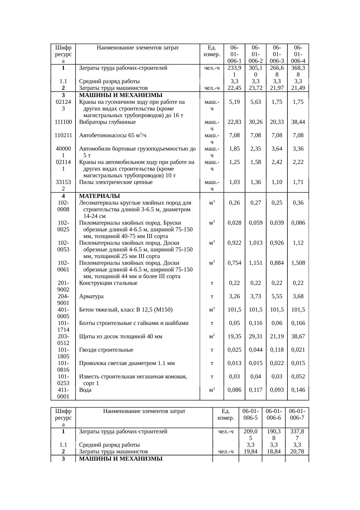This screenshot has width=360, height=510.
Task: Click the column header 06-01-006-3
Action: (x=277, y=54)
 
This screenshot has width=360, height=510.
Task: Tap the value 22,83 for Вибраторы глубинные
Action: (x=234, y=122)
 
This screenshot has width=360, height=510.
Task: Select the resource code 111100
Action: (x=63, y=122)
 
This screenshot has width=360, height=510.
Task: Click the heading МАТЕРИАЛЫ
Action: (x=100, y=196)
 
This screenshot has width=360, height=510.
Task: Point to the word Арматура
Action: (x=91, y=296)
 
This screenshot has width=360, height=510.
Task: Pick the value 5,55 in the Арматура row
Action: (x=277, y=296)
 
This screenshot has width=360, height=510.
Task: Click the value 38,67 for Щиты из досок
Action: (x=298, y=337)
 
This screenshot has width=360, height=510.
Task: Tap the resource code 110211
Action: (x=63, y=135)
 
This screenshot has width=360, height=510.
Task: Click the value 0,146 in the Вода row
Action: (x=298, y=390)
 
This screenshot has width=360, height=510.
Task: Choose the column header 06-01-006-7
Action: (x=297, y=414)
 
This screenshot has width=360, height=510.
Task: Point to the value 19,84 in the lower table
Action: (x=250, y=451)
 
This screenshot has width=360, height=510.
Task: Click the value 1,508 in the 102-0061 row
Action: (x=298, y=263)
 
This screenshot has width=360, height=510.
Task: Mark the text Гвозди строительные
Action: (x=106, y=350)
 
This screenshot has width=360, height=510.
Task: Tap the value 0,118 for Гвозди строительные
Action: (x=277, y=350)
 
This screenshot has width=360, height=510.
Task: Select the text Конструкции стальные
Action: (x=108, y=283)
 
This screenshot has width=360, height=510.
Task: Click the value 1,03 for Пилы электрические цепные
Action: (x=234, y=182)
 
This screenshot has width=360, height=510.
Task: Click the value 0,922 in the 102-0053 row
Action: (x=234, y=243)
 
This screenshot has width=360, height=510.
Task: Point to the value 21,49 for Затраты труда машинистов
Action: (x=298, y=88)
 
